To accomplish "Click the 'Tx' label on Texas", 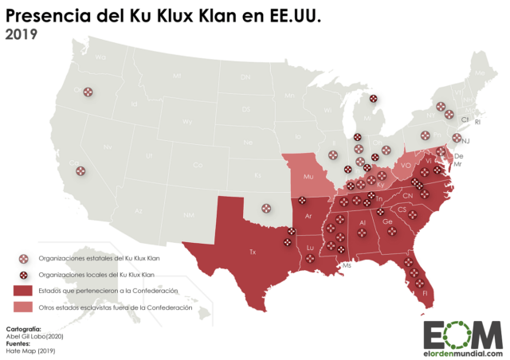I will coord(253,252).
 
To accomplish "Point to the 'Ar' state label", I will coord(308,216).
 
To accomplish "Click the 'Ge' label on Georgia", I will coord(386,221).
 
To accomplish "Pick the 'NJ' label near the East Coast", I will coord(466,141).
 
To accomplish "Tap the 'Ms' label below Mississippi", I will coord(346,265).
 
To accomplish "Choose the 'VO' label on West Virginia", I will coord(406,166).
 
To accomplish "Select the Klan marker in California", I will coord(80,170).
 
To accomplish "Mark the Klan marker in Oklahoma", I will coord(266,210).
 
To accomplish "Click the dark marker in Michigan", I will coord(373,100).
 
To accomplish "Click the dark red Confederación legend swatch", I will coord(22,291).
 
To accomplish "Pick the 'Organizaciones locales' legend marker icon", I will coord(22,274).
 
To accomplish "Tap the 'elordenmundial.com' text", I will coord(462,353).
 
